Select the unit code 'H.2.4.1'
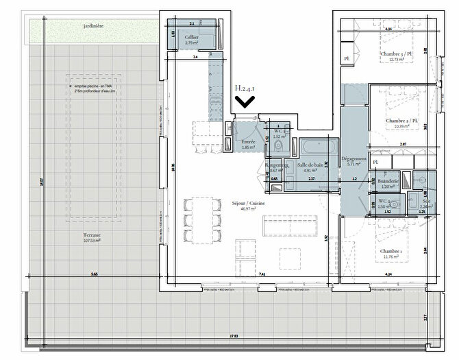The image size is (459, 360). [x=246, y=88]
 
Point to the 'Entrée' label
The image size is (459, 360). [x=248, y=141]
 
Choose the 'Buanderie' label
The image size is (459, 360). [x=388, y=181]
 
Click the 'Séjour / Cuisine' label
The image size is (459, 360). [x=248, y=204]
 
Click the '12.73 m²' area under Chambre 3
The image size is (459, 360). [x=394, y=59]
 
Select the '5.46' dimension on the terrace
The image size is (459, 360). [x=94, y=274]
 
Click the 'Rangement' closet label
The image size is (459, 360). [x=278, y=165]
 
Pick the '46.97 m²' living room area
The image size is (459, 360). [x=248, y=210]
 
